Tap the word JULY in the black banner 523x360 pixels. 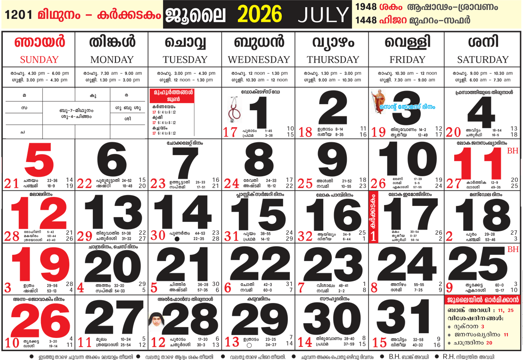[323, 15]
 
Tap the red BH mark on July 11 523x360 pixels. [512, 152]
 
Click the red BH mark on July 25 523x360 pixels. [513, 249]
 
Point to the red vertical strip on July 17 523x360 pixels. [375, 217]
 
